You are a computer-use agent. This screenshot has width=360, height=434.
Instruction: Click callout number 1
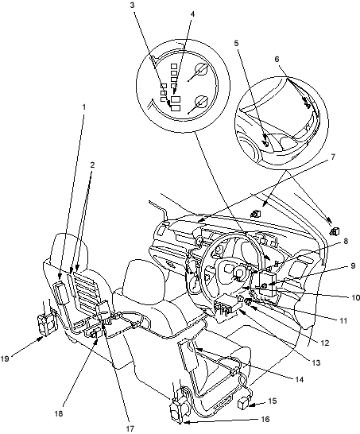tap(84, 107)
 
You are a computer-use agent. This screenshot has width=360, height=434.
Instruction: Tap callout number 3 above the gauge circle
tap(133, 6)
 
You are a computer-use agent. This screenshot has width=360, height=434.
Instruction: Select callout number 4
tap(192, 14)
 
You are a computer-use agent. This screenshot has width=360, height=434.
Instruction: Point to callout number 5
tap(236, 43)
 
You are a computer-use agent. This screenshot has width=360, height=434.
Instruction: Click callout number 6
tap(277, 59)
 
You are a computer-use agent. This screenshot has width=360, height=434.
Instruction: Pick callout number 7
tap(333, 157)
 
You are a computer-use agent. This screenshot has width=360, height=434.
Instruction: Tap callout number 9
tap(353, 265)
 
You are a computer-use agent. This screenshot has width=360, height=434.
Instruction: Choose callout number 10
tap(354, 297)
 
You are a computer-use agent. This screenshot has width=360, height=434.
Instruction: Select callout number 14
tap(299, 379)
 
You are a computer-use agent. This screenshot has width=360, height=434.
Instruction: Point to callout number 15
tap(273, 401)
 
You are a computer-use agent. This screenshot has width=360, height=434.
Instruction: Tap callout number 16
tap(265, 420)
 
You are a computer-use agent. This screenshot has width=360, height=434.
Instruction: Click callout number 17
tap(130, 428)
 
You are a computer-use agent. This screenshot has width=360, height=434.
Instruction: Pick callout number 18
tap(59, 413)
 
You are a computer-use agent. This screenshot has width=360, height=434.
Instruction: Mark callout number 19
tap(5, 359)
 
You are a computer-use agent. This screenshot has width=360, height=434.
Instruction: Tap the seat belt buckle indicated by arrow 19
tap(47, 324)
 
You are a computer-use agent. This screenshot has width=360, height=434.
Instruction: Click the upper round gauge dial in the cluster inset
tap(200, 70)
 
